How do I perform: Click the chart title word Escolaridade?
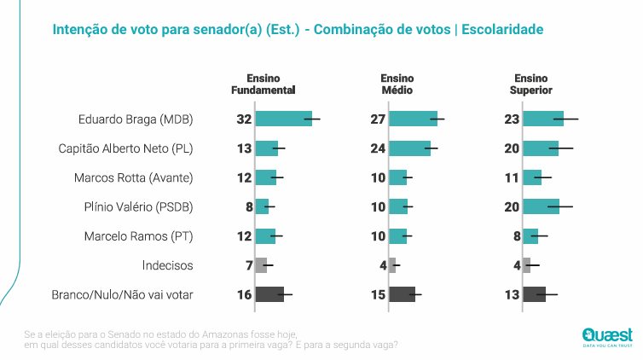coord(503,30)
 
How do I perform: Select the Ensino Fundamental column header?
coord(264,84)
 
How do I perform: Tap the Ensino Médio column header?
coord(397,84)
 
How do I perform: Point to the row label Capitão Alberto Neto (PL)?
coord(125,148)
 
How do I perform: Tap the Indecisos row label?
coord(167,264)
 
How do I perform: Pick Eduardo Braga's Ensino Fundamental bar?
coord(283,119)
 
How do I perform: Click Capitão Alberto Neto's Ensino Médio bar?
coord(409,148)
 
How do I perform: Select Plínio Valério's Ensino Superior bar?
coord(541,206)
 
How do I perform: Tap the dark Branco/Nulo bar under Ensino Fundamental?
coord(269,294)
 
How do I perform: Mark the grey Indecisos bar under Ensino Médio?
coord(392,264)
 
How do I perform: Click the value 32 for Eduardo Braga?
coord(245,119)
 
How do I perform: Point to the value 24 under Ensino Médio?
coord(379,148)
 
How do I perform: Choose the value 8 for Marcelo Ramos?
coord(516,235)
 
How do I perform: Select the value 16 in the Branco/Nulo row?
coord(245,294)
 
